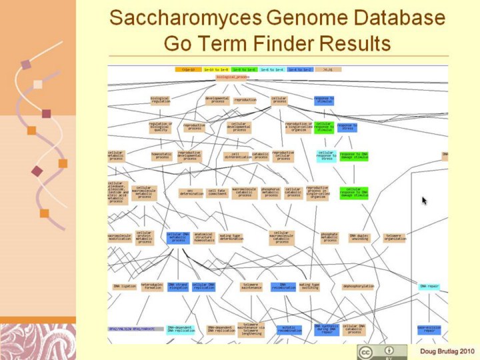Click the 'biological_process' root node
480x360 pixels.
click(x=232, y=77)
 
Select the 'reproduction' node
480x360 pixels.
click(x=245, y=100)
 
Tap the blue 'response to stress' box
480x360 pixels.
click(x=347, y=127)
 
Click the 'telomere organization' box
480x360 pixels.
click(x=394, y=237)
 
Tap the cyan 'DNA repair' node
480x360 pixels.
click(x=429, y=287)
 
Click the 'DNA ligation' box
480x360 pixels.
click(x=125, y=287)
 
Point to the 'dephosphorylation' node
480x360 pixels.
click(x=358, y=287)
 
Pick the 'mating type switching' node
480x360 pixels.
click(x=309, y=287)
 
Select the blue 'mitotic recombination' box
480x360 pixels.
click(x=289, y=329)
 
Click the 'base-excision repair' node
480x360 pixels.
click(x=429, y=329)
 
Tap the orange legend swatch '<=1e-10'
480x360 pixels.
click(x=188, y=69)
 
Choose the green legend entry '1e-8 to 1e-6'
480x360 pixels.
click(x=244, y=69)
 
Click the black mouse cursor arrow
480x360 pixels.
click(x=425, y=200)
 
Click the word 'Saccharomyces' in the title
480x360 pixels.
click(x=183, y=18)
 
